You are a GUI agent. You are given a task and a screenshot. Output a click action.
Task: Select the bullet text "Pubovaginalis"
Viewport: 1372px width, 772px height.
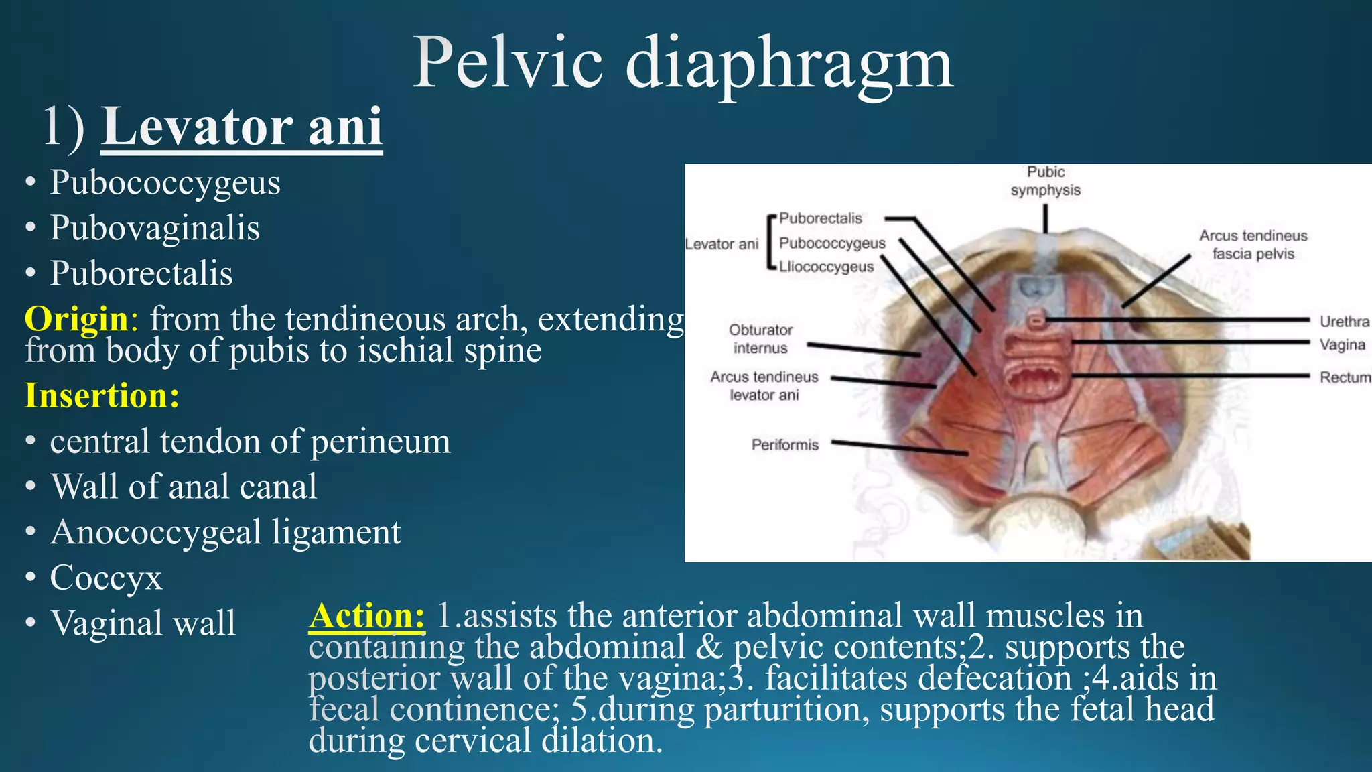(x=155, y=228)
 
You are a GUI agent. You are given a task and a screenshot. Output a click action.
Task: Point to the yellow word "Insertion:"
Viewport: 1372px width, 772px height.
(x=102, y=395)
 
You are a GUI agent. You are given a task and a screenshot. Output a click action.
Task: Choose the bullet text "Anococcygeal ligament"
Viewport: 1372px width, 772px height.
(x=226, y=533)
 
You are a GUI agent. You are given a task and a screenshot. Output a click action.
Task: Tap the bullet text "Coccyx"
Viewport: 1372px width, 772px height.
(x=106, y=578)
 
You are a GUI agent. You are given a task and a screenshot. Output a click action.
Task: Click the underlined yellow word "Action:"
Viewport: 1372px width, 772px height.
(x=366, y=615)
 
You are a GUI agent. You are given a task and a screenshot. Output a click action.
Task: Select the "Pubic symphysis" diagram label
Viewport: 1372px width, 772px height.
(x=1045, y=181)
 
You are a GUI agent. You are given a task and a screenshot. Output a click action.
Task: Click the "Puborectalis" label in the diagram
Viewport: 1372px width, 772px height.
(x=821, y=218)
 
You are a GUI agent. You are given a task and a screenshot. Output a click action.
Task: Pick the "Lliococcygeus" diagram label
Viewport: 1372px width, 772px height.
(x=826, y=267)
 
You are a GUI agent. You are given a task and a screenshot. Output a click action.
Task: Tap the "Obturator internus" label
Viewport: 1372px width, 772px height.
(x=760, y=339)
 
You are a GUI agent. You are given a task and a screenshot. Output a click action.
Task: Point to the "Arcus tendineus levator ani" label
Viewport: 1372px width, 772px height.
(x=764, y=386)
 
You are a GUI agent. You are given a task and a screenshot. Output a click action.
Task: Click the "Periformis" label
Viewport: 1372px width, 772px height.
(x=785, y=445)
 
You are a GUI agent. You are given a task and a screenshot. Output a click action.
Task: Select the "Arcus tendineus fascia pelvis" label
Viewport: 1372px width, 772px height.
(x=1253, y=245)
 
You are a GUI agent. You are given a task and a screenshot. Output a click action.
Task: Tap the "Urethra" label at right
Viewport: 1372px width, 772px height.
(x=1345, y=322)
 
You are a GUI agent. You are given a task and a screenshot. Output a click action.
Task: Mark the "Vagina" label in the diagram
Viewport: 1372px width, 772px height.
(x=1343, y=345)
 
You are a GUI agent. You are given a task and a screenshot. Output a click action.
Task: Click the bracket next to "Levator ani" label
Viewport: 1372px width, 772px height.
(x=772, y=242)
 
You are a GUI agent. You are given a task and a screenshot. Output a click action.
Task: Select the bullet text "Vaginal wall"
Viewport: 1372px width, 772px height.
(x=143, y=623)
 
